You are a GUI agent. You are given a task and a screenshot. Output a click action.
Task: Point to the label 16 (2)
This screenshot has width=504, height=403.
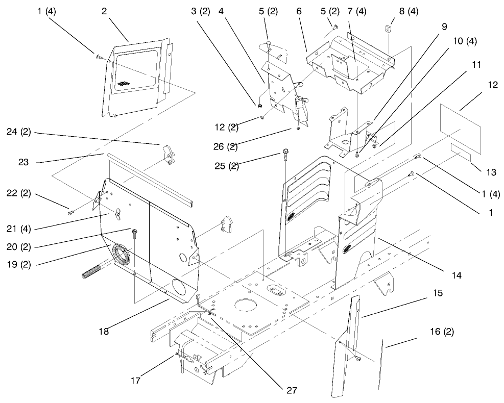click(442, 331)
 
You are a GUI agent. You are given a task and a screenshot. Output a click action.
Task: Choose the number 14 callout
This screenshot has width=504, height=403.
click(456, 275)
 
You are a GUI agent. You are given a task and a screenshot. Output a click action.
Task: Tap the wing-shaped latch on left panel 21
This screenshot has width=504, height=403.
click(118, 213)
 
